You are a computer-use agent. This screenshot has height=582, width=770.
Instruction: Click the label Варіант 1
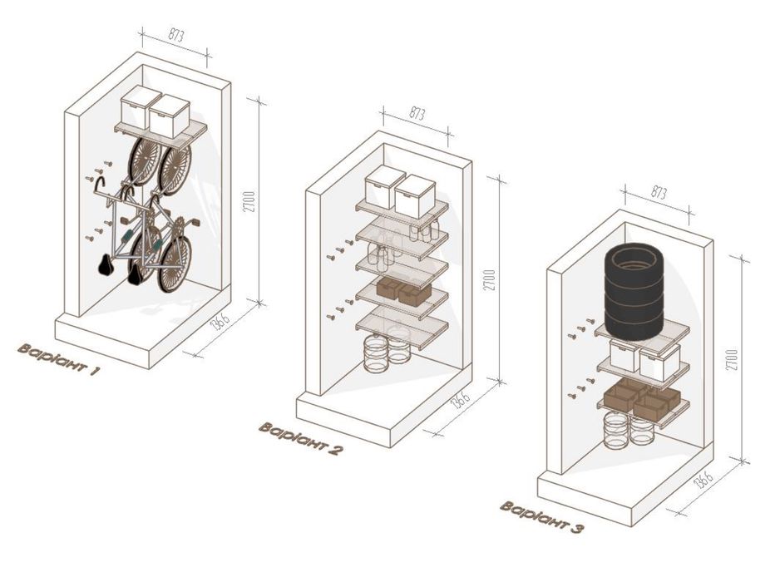(58, 359)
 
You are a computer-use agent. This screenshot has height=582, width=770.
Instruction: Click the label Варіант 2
(299, 439)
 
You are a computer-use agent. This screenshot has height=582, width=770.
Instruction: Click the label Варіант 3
(541, 517)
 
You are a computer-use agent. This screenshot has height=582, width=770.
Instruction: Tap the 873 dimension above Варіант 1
(176, 36)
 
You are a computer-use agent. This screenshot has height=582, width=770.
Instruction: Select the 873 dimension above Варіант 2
(417, 114)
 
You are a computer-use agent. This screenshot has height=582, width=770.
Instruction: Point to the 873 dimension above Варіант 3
(659, 193)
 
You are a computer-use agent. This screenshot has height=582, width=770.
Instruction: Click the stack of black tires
(634, 293)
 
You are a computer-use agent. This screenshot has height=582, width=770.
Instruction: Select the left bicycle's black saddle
(106, 265)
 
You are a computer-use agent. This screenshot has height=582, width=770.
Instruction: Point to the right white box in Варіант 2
(415, 196)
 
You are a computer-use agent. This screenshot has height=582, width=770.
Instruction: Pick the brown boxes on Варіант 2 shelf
(403, 291)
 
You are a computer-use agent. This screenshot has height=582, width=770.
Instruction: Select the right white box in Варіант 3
(659, 362)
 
